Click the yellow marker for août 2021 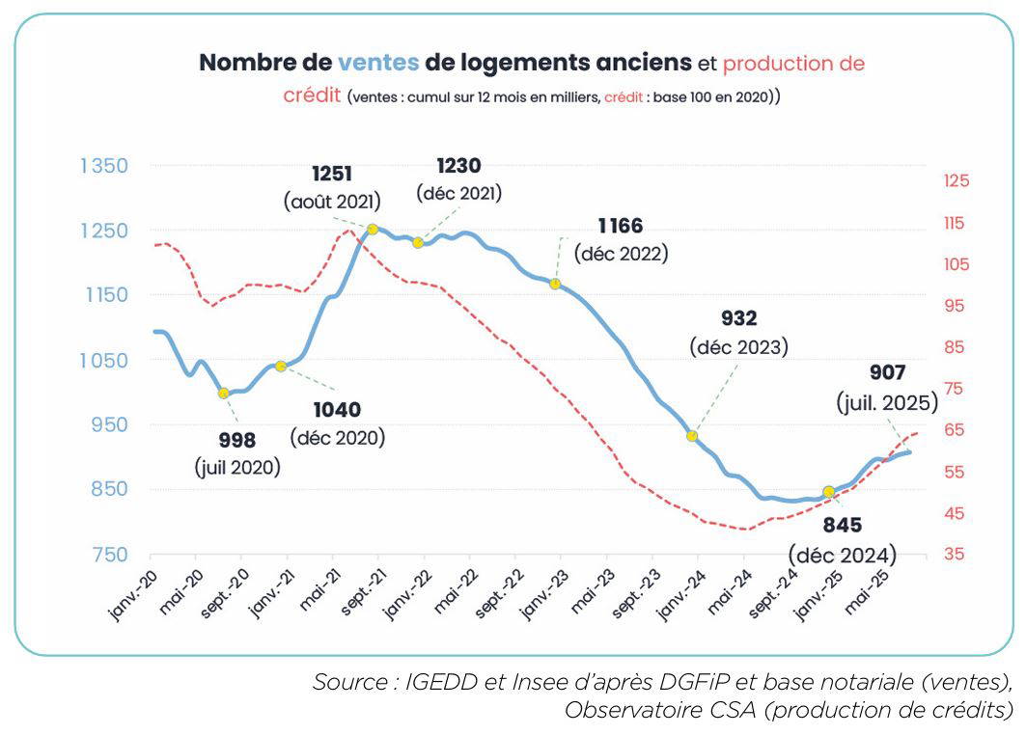[372, 229]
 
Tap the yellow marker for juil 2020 [224, 393]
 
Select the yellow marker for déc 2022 [555, 284]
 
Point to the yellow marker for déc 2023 [692, 436]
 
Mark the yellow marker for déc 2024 [828, 492]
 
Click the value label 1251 [331, 175]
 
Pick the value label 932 [738, 318]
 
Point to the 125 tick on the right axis [957, 180]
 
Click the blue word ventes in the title [378, 64]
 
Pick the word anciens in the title [641, 64]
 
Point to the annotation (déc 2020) [337, 437]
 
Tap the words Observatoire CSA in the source [646, 711]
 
